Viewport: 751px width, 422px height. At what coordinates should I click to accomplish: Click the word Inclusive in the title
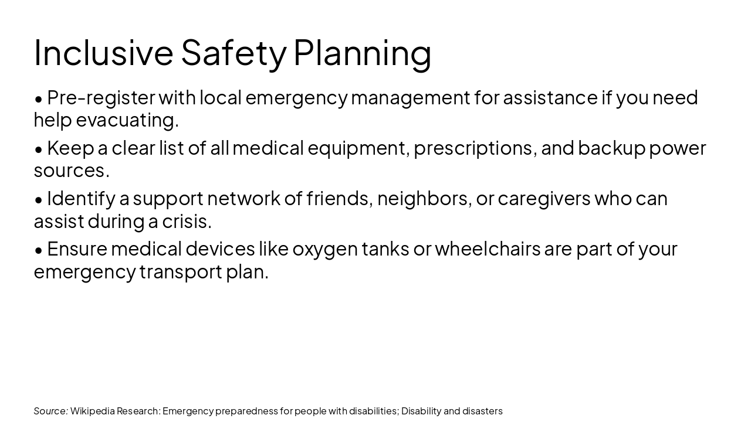(x=103, y=52)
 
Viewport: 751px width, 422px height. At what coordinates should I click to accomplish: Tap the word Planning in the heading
(x=362, y=52)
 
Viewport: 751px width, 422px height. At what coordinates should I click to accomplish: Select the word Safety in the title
(x=234, y=52)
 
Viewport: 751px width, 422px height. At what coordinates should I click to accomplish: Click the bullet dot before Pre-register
(x=39, y=98)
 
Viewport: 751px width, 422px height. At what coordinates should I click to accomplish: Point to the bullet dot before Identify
(x=39, y=200)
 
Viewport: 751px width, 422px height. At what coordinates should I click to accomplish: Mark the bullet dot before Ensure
(x=39, y=250)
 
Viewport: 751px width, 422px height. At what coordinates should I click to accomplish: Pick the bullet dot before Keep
(x=39, y=149)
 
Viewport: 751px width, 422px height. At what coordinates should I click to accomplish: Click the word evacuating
(x=127, y=120)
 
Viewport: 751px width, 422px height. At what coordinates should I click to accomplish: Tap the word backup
(x=611, y=148)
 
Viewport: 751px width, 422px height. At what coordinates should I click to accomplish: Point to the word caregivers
(x=544, y=199)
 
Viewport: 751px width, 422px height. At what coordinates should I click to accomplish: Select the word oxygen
(x=324, y=249)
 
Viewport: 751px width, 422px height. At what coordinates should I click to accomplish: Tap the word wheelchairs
(x=488, y=249)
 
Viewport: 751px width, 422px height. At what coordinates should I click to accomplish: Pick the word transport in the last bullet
(x=181, y=272)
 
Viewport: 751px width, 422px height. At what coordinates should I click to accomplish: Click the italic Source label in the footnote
(x=50, y=411)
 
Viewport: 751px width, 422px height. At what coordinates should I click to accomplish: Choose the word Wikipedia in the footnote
(x=92, y=411)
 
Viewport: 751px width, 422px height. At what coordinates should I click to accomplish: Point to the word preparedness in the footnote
(x=253, y=411)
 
